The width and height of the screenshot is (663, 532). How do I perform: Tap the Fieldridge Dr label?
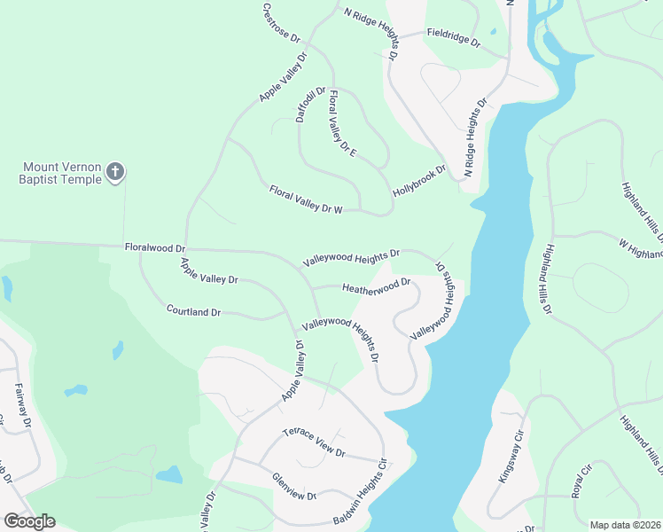click(x=453, y=37)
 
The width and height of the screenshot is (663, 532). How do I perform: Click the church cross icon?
click(x=115, y=171)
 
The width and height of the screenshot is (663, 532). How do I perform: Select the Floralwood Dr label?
click(x=155, y=248)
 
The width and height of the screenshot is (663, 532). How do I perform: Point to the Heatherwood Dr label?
click(x=377, y=287)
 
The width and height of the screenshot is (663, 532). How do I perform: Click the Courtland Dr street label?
click(x=193, y=311)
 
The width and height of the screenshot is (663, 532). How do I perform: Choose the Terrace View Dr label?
click(x=313, y=442)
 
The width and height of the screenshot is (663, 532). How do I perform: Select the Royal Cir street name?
click(x=581, y=480)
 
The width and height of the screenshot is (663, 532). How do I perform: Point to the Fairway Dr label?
click(x=23, y=405)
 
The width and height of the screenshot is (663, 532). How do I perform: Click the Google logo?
click(x=29, y=521)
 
